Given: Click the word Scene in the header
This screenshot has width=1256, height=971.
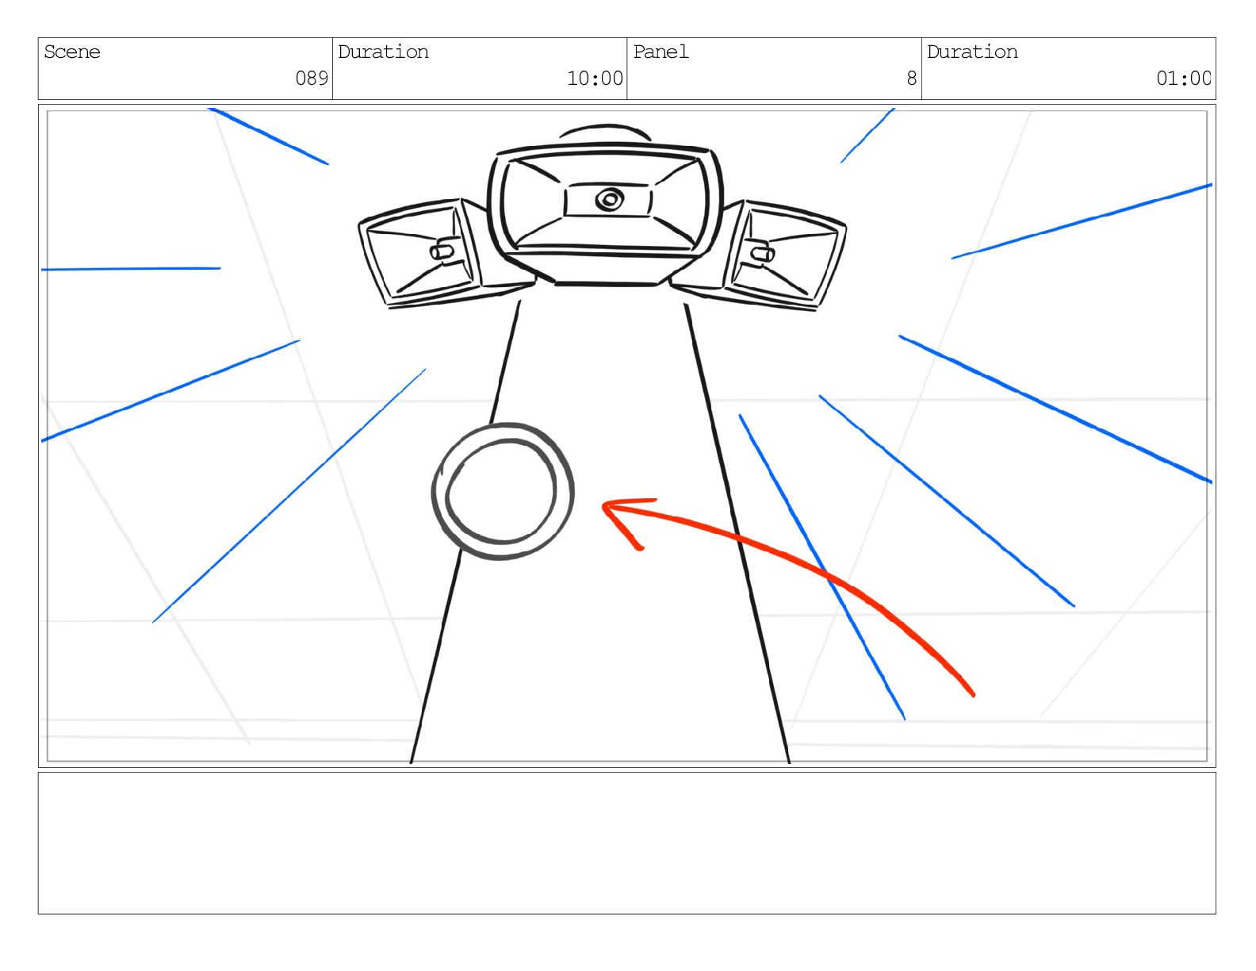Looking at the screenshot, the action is coord(72,52).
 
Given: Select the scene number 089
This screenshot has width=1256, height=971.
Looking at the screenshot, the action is coord(312,79).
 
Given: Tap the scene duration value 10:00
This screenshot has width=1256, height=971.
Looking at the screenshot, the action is coord(595,79).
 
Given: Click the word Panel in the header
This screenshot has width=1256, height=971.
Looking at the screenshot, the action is coord(661,52).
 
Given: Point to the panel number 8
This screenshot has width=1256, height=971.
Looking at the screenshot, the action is coord(911,79).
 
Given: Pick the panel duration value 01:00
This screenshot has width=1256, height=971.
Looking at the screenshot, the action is coord(1183,79).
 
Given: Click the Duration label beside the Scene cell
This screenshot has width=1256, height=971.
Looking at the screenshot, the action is coord(383,52).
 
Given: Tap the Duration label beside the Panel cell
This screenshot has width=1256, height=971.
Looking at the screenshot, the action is coord(972,52).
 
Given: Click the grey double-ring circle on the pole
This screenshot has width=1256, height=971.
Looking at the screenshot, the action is coord(503,492).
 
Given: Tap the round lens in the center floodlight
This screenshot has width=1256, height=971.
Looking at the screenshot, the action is coord(608,200).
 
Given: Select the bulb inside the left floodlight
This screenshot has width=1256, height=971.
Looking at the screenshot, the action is coord(442,252).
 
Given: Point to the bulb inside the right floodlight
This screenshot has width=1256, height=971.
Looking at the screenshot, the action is coord(762,254).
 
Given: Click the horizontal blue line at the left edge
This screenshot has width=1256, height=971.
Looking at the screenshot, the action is coord(131,269).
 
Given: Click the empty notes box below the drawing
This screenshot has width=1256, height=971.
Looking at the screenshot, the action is coord(626,842).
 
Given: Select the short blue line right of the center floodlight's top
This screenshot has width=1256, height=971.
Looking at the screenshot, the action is coord(867,136).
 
